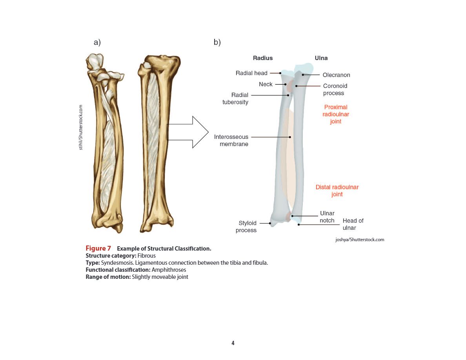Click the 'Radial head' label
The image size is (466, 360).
coord(251,73)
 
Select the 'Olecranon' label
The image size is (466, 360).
coord(337,75)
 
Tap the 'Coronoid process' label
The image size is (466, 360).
coord(335,89)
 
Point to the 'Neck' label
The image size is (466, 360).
coord(266,84)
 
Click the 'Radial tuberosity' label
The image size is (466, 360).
coord(235,98)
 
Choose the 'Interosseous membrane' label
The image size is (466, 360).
coord(231,140)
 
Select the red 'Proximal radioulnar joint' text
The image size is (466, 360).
coord(336,114)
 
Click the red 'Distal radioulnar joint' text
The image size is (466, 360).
coord(337,191)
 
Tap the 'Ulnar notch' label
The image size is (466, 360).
coord(327,217)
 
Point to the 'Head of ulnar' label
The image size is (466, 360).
coord(353,224)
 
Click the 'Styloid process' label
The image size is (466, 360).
coord(246,227)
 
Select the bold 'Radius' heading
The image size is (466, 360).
coord(263,58)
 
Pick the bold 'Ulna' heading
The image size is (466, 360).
coord(321,58)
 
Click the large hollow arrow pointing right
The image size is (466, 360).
coord(188,132)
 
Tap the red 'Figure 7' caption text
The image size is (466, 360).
coord(98,248)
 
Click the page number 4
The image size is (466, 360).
coord(233,343)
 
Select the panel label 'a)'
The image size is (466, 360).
coord(97,42)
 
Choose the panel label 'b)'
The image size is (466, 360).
coord(217,42)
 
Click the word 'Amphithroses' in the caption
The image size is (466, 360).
coord(169,270)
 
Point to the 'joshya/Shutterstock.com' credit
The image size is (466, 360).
coord(360,240)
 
